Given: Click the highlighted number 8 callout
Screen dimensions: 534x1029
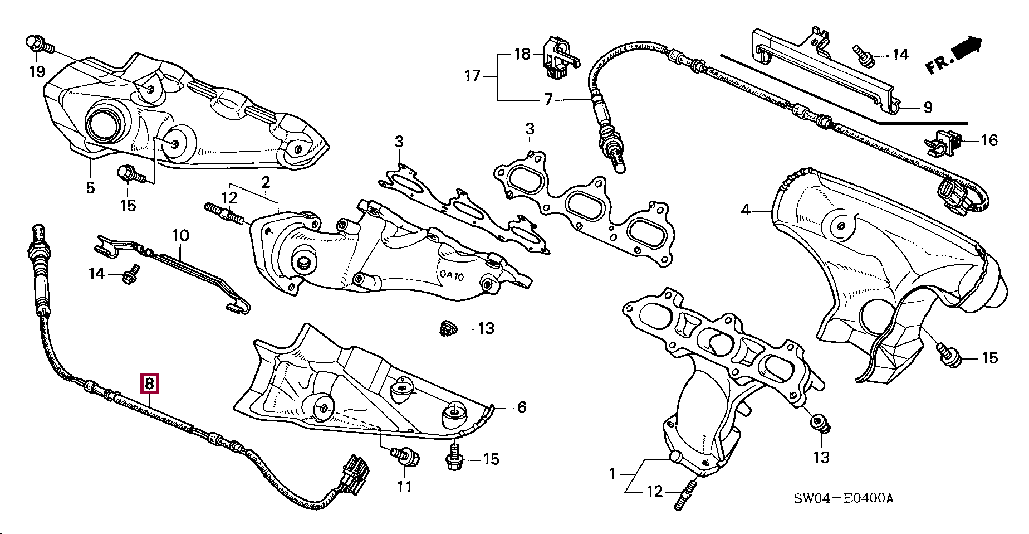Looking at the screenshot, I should (150, 384).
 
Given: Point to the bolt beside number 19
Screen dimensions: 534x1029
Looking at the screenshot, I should (38, 44).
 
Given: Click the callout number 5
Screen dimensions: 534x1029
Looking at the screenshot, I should (90, 187).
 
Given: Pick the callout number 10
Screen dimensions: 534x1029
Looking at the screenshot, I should (180, 235).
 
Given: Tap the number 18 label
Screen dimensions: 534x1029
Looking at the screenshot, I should (522, 54).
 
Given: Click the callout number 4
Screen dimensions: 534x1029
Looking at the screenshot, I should (746, 210).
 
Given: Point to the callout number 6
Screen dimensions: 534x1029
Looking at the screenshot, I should (521, 407).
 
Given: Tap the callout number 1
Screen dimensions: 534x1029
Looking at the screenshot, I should (612, 474).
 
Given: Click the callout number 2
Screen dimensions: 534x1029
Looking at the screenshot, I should (266, 182).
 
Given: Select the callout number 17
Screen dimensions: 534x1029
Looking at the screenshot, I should (472, 75).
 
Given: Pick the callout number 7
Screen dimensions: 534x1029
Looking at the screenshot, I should (548, 100).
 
